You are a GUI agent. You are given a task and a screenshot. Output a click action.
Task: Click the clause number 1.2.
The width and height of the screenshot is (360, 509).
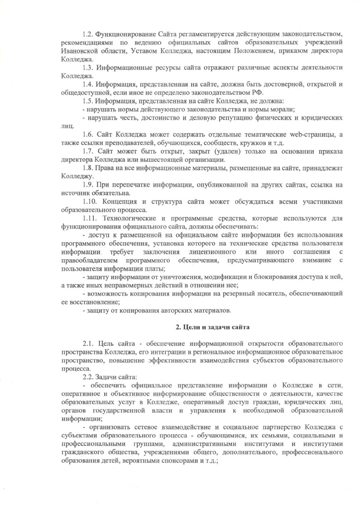(x=88, y=34)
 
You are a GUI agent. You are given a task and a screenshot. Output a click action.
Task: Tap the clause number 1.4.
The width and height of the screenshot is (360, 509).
(x=88, y=84)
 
